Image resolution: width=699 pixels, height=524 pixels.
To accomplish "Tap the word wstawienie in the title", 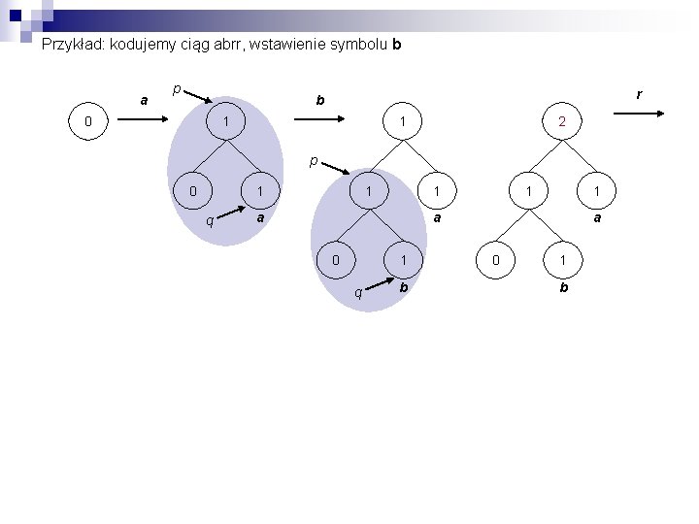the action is click(290, 44).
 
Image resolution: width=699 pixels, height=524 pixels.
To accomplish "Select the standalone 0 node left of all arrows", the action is click(88, 122).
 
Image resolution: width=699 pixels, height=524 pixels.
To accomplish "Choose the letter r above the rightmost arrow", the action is click(639, 95).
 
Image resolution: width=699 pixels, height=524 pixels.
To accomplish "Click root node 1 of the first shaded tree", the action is click(226, 122).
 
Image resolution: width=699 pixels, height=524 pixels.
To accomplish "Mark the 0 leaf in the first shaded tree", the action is click(194, 191).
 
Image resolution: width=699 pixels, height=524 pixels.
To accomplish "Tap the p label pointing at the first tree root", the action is click(176, 89).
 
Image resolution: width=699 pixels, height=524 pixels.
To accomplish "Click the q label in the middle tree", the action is click(358, 291).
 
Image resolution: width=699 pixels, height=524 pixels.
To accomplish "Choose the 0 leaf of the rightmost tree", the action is click(496, 260).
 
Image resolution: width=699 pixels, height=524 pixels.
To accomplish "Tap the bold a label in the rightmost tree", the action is click(597, 219).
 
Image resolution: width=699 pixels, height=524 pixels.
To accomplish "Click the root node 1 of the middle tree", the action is click(401, 122).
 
